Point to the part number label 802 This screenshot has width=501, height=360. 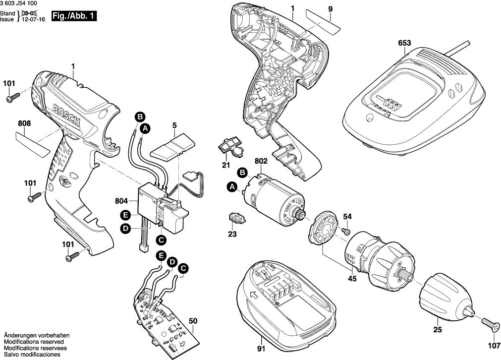point(262,161)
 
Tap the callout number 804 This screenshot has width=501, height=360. point(121,201)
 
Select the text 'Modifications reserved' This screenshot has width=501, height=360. point(33,342)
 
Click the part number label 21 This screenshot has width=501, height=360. point(226,165)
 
